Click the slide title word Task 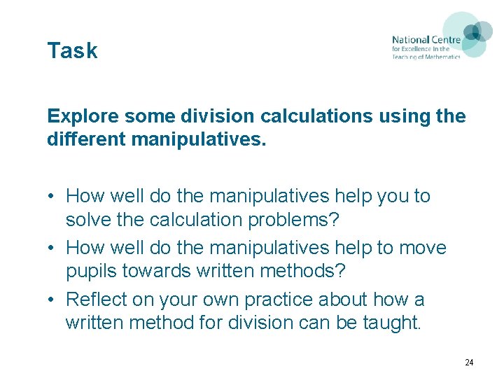tap(72, 51)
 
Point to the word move tap(421, 248)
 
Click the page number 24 tap(469, 363)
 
